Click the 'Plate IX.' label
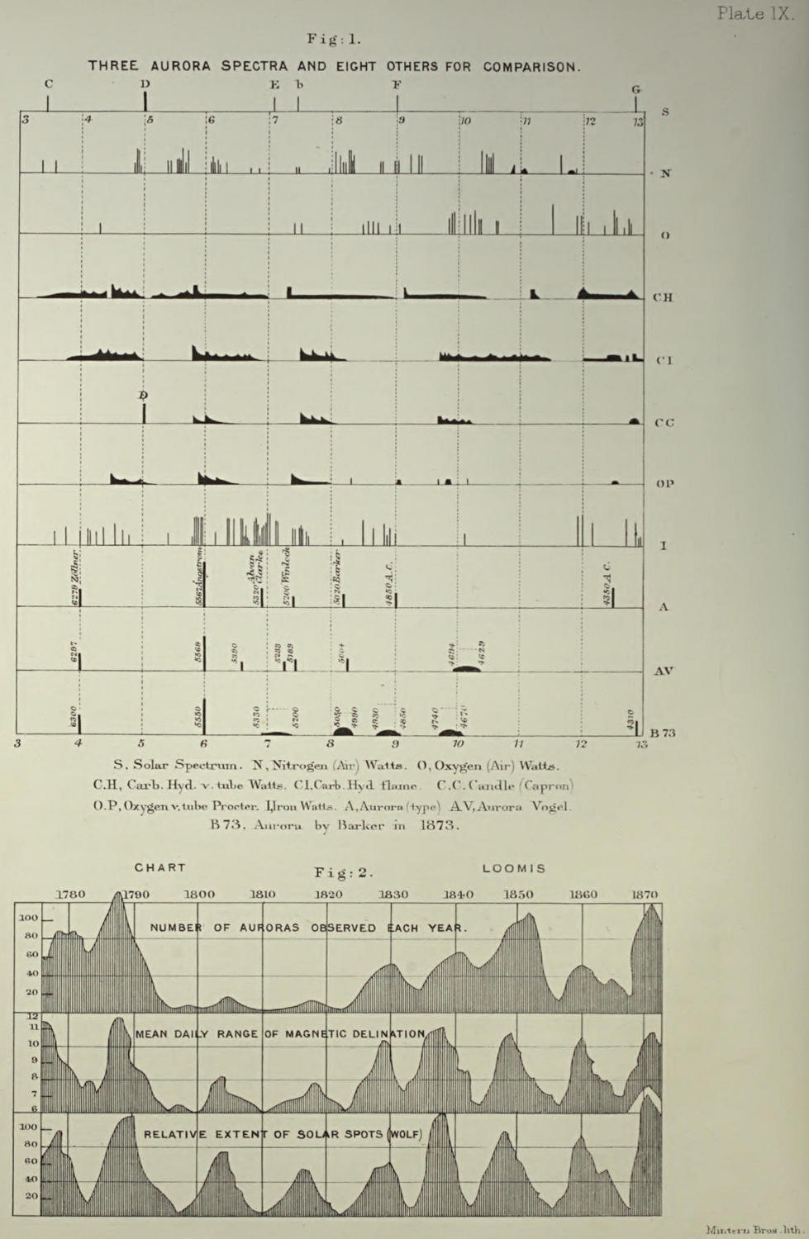[754, 13]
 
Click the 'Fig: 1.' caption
[334, 39]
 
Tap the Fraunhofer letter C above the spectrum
[49, 83]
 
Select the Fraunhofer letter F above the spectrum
[397, 84]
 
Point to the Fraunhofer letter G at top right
[635, 89]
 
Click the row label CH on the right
[663, 297]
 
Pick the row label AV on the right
[664, 671]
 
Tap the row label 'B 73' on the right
[663, 733]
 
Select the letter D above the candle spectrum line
[143, 396]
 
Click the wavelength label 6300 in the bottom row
[74, 716]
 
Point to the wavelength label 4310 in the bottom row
[630, 719]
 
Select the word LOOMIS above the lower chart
[514, 868]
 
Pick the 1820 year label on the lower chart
[328, 894]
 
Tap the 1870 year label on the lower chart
[645, 894]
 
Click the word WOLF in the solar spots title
[405, 1134]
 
